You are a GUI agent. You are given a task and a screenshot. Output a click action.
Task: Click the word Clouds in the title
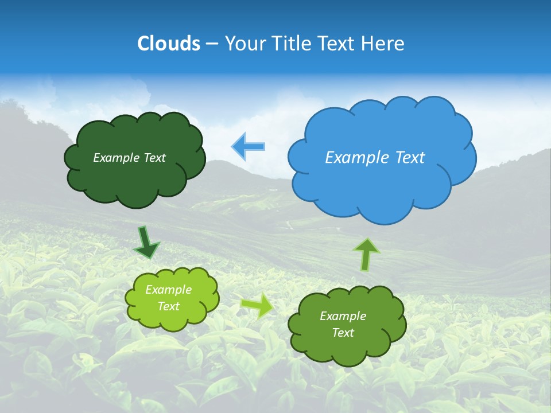tap(169, 44)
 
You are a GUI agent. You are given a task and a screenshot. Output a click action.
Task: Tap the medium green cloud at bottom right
tap(347, 350)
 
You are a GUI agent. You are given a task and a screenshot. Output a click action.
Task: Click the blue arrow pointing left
tap(249, 147)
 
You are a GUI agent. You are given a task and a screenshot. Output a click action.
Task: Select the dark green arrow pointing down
tap(147, 243)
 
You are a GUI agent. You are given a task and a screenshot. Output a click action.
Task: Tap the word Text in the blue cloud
tap(410, 158)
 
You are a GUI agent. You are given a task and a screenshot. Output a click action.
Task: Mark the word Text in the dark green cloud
tap(155, 158)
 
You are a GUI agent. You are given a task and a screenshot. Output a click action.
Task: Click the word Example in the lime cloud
tap(168, 290)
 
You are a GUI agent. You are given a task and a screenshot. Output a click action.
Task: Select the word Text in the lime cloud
tap(168, 306)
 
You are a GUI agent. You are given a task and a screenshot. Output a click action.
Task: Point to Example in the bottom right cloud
tap(343, 316)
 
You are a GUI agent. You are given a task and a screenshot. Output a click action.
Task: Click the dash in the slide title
tap(211, 44)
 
